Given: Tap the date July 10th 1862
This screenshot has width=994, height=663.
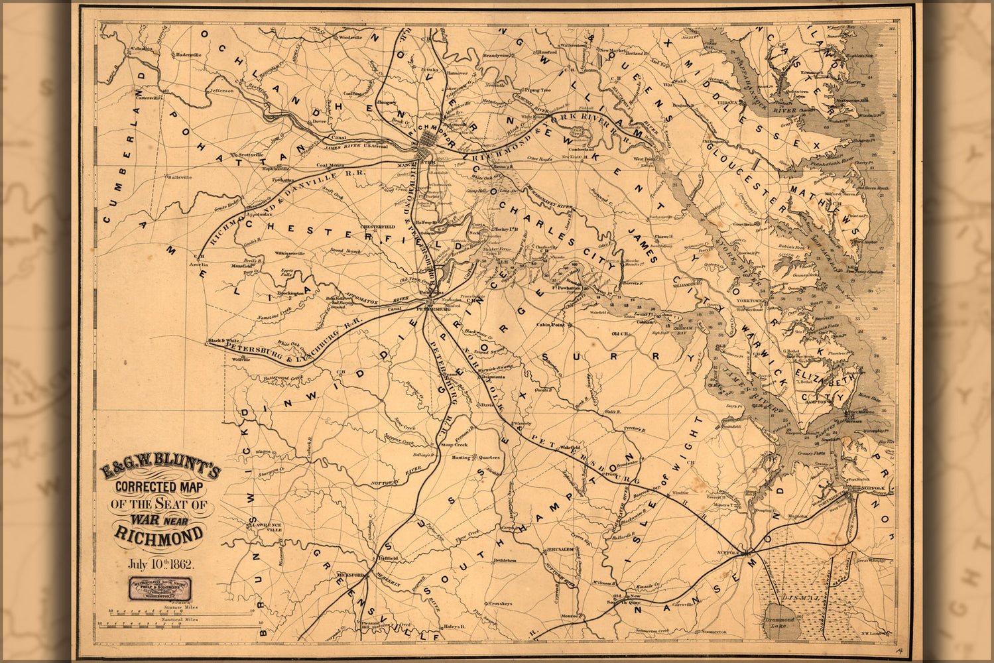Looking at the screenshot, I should point(160,565).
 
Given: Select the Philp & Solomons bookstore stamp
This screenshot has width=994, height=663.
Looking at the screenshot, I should point(160,587).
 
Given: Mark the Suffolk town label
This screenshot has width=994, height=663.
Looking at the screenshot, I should point(728,552).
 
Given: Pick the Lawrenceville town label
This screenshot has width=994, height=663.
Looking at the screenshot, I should point(266,528).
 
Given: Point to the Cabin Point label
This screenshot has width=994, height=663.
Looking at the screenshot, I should point(550,325).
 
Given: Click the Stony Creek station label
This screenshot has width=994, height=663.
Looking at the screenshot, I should point(454,444).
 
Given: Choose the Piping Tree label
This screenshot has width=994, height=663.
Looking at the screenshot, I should point(537,90).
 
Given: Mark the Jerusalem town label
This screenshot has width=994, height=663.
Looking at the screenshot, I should point(559,550).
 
